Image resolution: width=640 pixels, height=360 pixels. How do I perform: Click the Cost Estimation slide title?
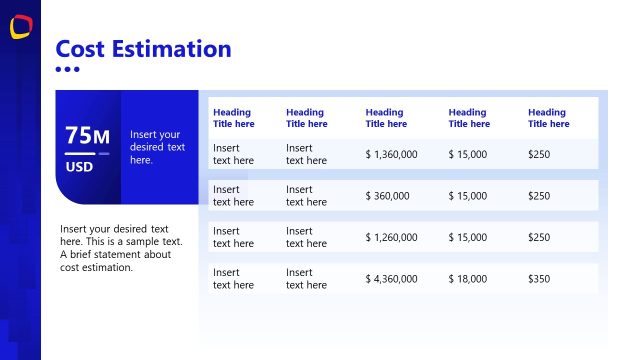(x=143, y=48)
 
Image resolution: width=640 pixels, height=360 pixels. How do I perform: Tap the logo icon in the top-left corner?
(x=20, y=27)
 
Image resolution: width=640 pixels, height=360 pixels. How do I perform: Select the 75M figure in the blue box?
(x=87, y=136)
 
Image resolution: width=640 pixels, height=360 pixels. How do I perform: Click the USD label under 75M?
(x=79, y=167)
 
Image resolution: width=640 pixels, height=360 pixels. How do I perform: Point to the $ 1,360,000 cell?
(x=391, y=154)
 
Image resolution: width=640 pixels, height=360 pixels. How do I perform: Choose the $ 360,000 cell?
(x=388, y=196)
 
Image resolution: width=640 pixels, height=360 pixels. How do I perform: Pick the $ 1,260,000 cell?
(x=391, y=237)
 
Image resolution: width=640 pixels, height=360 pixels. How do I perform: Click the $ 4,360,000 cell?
(x=391, y=279)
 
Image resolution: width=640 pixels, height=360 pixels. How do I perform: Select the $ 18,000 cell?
(x=468, y=279)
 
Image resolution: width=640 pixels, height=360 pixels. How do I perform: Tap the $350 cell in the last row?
(x=539, y=279)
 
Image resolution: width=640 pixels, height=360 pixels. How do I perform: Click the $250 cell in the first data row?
(x=539, y=154)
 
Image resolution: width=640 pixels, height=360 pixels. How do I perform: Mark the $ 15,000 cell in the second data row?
(x=468, y=196)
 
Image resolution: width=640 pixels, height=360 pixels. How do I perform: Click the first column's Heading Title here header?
(x=234, y=118)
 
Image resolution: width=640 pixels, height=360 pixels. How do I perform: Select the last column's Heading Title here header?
(x=549, y=118)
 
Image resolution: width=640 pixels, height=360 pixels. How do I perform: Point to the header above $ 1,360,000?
(x=386, y=118)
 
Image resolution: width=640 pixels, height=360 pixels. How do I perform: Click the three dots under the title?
(x=67, y=69)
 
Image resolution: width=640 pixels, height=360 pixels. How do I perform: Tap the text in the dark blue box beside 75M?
(x=157, y=147)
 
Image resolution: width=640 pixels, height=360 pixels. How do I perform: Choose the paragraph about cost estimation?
(x=115, y=247)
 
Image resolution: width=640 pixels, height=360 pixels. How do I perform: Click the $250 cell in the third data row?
(x=539, y=237)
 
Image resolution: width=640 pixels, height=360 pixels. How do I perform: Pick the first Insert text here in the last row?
(x=233, y=279)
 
